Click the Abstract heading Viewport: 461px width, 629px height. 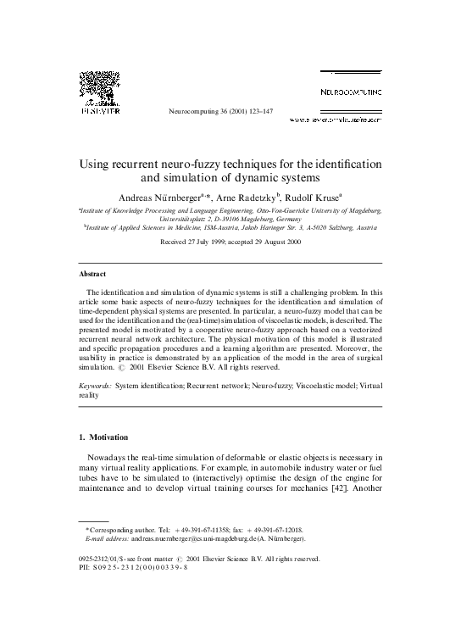(x=92, y=276)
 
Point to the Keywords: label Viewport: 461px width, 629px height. (x=95, y=386)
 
